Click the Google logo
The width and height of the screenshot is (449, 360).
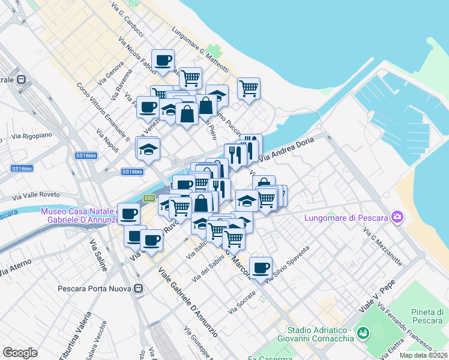(x=20, y=352)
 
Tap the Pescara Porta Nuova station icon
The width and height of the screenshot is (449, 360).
(x=139, y=288)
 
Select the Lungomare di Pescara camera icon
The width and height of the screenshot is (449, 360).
(x=396, y=217)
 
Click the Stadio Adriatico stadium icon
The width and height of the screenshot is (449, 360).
(x=363, y=332)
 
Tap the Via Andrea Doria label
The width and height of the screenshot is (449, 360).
(x=288, y=149)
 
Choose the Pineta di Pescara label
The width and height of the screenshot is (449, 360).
(x=427, y=317)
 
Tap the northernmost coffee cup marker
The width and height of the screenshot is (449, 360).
(x=163, y=60)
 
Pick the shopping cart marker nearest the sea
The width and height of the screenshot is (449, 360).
(x=249, y=89)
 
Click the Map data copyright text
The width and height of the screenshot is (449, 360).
(x=424, y=355)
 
